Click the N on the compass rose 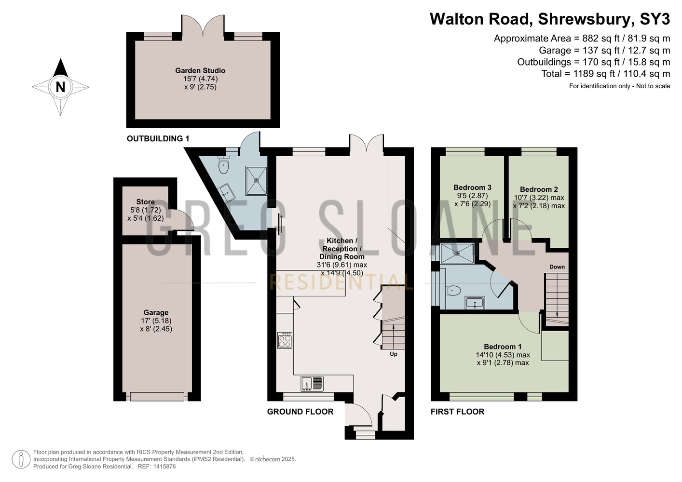[x=61, y=87]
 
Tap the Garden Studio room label [x=200, y=70]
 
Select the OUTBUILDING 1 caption [x=158, y=139]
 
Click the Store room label [x=145, y=202]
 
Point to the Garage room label [x=156, y=312]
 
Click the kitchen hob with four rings [x=285, y=340]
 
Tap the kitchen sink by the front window [x=312, y=383]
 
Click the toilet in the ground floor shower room [x=224, y=165]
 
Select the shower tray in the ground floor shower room [x=257, y=180]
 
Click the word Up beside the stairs [x=394, y=354]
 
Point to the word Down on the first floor [x=557, y=267]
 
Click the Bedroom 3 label [x=472, y=187]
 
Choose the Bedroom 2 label [x=539, y=189]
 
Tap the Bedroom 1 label [x=503, y=347]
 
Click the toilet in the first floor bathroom [x=453, y=291]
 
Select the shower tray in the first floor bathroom [x=457, y=253]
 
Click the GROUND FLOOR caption [x=300, y=412]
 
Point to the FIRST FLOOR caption [x=457, y=412]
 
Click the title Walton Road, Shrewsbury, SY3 [x=550, y=19]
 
